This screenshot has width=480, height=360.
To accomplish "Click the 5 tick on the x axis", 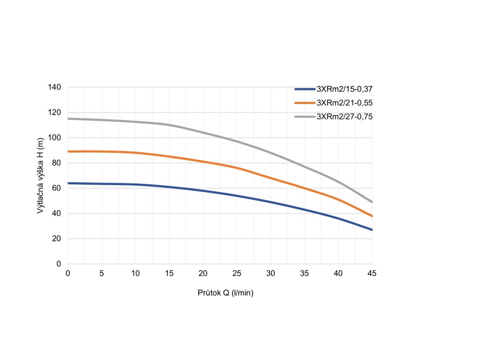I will click(x=102, y=273).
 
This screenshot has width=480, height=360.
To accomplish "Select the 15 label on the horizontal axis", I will click(x=169, y=273).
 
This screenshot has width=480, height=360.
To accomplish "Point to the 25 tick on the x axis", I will click(x=237, y=273).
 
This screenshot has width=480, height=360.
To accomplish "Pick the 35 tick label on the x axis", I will click(x=305, y=273).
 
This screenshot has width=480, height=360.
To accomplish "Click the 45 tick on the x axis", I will click(x=372, y=273).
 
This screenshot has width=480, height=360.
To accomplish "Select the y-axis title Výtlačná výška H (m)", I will click(x=40, y=175).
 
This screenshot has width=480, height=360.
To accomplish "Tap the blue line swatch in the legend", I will click(x=305, y=89).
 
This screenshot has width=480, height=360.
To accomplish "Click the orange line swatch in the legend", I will click(x=305, y=103).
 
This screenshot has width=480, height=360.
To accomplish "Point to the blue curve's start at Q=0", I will click(x=68, y=183).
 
